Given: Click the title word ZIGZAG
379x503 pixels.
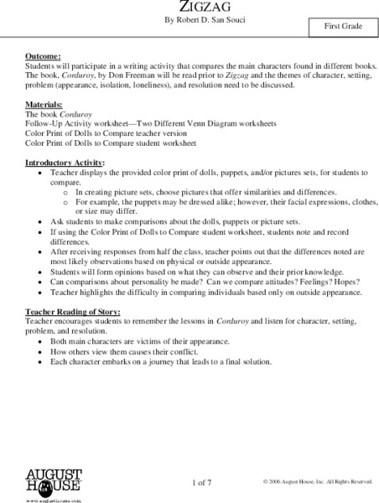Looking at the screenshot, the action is click(189, 4).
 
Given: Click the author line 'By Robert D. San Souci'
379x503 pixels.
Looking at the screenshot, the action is click(189, 20).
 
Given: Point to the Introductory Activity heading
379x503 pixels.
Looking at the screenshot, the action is click(66, 161).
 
